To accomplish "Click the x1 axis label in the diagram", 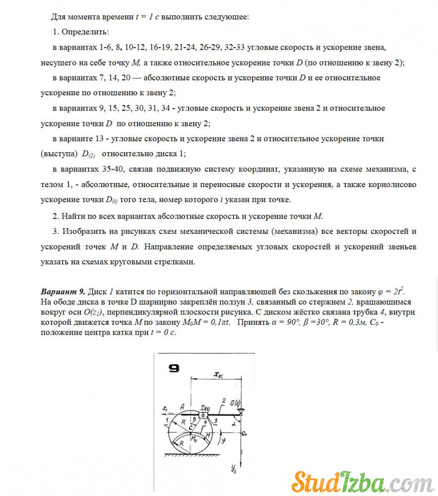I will pyautogui.click(x=165, y=409).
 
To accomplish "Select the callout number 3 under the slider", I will pyautogui.click(x=216, y=421).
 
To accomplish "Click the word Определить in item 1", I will pyautogui.click(x=85, y=32).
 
